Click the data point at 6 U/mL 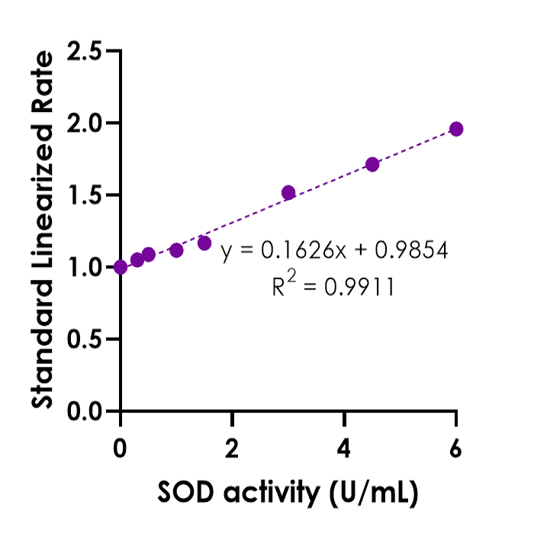(x=456, y=129)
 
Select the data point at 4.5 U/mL (x=372, y=164)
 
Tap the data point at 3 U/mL (x=288, y=192)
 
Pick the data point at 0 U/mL (x=121, y=267)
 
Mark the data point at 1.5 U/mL (x=204, y=243)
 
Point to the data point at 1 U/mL (x=176, y=250)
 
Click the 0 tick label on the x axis (x=121, y=449)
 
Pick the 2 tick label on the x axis (x=233, y=449)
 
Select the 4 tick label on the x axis (x=344, y=449)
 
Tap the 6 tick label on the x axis (x=456, y=449)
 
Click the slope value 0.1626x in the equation (x=301, y=250)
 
